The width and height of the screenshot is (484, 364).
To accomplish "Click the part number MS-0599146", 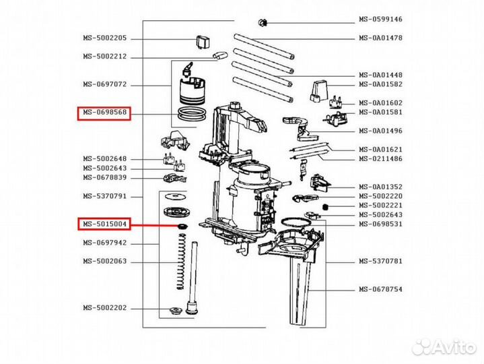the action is coord(380,19).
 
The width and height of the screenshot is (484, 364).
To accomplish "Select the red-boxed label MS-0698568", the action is coord(104,113).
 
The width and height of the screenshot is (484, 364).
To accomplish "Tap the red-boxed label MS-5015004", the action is coord(104,224).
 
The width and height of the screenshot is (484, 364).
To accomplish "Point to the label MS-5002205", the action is coord(104,38).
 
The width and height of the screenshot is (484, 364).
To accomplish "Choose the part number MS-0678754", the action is coord(380,290).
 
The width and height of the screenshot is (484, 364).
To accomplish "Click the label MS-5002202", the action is coord(104,308).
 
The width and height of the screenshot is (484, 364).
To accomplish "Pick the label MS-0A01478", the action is coord(380,38).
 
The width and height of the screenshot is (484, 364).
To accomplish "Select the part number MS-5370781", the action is coord(380,261).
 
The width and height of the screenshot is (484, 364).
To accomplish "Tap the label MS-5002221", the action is coord(380,206).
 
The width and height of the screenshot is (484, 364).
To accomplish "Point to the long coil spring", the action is coord(182,262).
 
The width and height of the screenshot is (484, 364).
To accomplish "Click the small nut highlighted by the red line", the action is coord(182,226).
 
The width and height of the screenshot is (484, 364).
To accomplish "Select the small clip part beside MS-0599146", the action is coord(263,23).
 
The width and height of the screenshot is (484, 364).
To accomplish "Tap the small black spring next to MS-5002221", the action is coord(324,207).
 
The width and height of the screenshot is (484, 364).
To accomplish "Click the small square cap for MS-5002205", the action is coord(203,42).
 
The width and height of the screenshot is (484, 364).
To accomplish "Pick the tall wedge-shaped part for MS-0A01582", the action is coord(318,91).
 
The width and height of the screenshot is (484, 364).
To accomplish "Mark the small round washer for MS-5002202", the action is coord(175,310).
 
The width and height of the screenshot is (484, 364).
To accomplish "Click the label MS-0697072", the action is coord(104,84).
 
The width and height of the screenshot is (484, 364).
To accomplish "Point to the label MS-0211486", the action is coord(380,159).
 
